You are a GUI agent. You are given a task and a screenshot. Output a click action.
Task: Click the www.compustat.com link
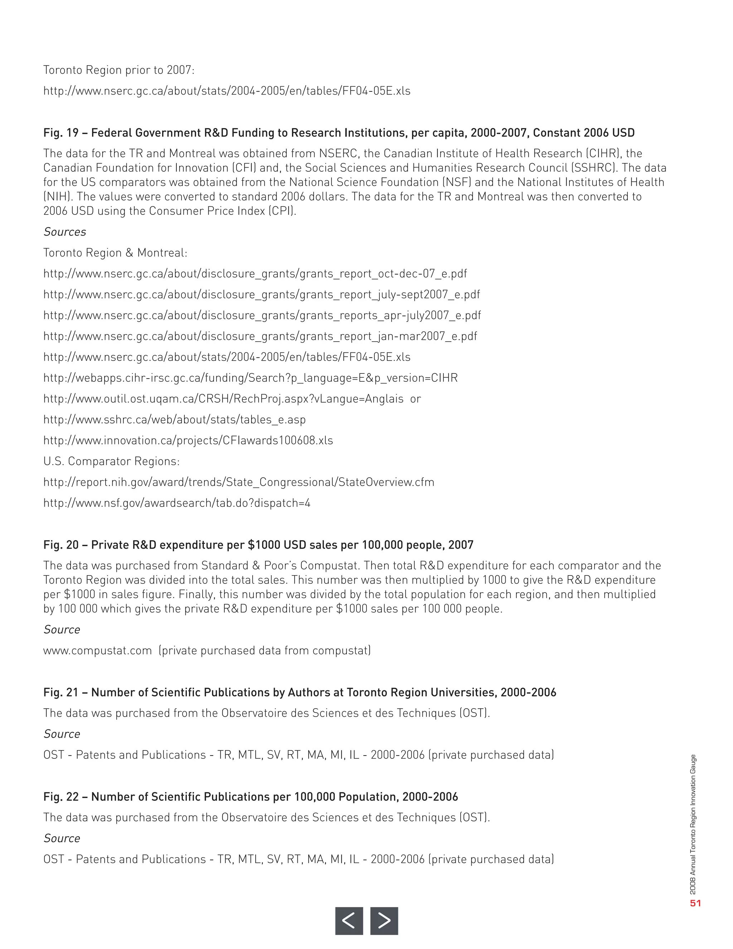(x=98, y=650)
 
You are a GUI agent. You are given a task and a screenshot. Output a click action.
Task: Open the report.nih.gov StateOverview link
(x=239, y=482)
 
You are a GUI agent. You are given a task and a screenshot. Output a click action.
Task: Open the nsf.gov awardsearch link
(x=177, y=503)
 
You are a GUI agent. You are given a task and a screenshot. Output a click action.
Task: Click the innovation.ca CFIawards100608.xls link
(x=188, y=440)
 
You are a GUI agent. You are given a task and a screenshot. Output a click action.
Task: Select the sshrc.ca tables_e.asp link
(x=175, y=420)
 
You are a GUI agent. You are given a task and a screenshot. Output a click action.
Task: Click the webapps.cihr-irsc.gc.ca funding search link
(x=251, y=378)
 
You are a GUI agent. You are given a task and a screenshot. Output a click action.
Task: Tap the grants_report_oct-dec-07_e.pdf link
(x=255, y=274)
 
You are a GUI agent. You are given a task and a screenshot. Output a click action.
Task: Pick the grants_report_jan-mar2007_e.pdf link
(x=260, y=336)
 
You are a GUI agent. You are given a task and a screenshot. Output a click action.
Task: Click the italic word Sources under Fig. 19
(x=65, y=232)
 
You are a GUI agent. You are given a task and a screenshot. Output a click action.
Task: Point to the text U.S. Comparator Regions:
(x=112, y=462)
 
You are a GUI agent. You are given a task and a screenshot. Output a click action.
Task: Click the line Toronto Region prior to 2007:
(x=119, y=70)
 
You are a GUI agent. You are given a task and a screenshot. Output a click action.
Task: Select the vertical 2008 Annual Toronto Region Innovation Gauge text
(x=693, y=825)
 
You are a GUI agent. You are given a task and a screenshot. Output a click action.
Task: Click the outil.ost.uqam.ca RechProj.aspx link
(x=224, y=399)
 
